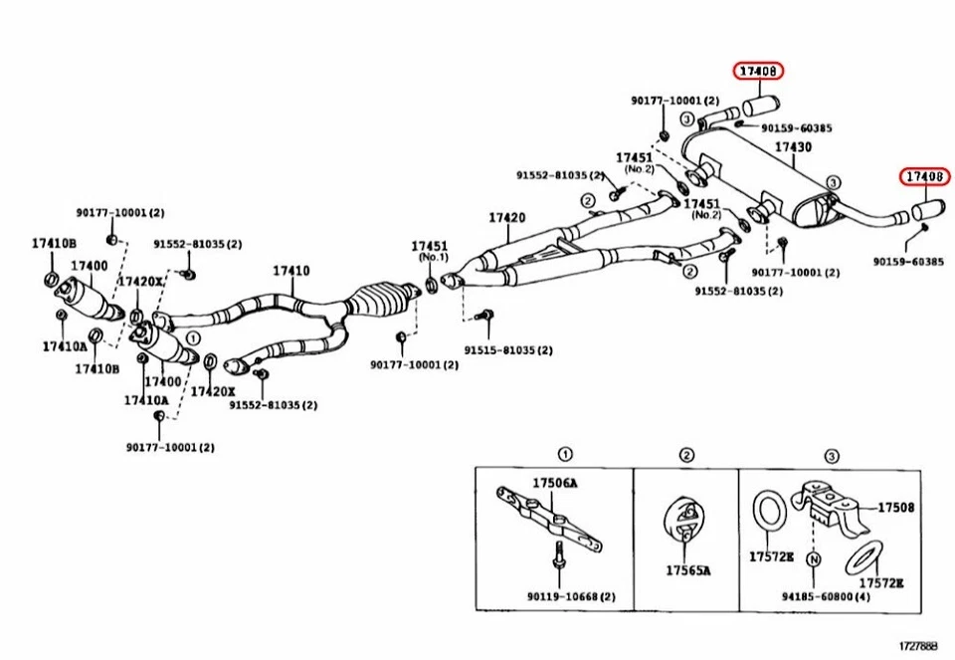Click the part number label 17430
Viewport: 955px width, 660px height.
793,148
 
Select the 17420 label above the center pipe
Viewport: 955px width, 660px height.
507,218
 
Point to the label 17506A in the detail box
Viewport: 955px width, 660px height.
555,483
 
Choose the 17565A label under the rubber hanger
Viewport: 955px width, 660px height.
688,570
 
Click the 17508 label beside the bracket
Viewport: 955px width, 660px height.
894,507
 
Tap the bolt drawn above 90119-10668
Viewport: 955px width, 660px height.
557,557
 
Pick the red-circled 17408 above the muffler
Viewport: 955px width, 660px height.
759,71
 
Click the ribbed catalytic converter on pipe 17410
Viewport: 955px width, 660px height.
377,297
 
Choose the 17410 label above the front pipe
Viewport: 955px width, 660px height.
290,271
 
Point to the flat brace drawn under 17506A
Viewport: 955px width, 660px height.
550,519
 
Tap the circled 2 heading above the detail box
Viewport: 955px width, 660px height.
686,455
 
